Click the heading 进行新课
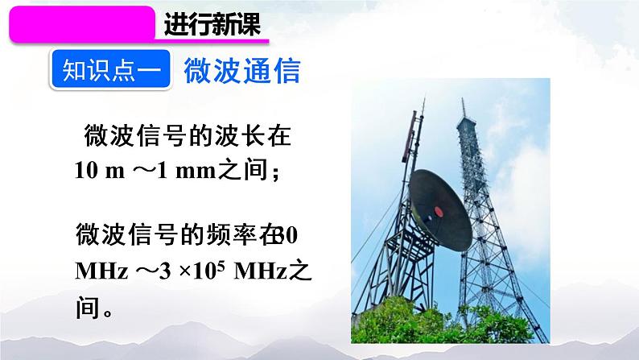point(212,25)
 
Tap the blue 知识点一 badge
point(111,72)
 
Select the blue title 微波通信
point(241,72)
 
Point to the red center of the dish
point(439,212)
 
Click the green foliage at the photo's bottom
point(451,326)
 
